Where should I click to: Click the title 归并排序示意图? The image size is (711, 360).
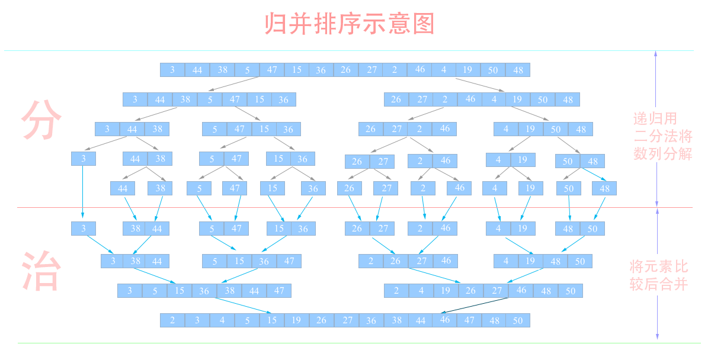coord(350,24)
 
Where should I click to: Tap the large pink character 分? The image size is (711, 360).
coord(41,120)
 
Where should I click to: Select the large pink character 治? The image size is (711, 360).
coord(41,271)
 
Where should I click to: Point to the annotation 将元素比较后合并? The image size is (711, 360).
coord(659,275)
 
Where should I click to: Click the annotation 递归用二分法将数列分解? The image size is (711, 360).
coord(663,136)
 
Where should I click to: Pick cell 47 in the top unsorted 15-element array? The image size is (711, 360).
coord(272,70)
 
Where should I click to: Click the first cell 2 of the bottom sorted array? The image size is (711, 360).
coord(172,320)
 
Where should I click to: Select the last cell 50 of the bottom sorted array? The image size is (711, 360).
coord(518,320)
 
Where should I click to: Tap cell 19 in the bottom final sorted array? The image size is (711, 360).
coord(296,320)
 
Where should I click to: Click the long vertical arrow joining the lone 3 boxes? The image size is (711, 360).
coord(83,192)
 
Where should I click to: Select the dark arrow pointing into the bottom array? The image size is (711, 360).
coord(475,306)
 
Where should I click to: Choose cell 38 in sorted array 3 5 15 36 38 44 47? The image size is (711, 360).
coord(229,291)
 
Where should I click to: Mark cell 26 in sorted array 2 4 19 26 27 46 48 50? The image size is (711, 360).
coord(470,291)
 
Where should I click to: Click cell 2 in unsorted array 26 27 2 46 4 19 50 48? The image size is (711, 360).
coord(445,99)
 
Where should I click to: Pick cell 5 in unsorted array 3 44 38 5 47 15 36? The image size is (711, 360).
coord(210,99)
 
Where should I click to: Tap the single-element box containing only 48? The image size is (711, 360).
coord(604,188)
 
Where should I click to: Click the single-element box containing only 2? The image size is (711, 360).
coord(423,188)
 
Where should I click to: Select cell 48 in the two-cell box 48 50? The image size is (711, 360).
coord(568,229)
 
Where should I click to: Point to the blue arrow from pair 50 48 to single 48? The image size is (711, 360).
coord(594,174)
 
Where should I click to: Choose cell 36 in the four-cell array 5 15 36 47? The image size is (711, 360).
coord(264,261)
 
